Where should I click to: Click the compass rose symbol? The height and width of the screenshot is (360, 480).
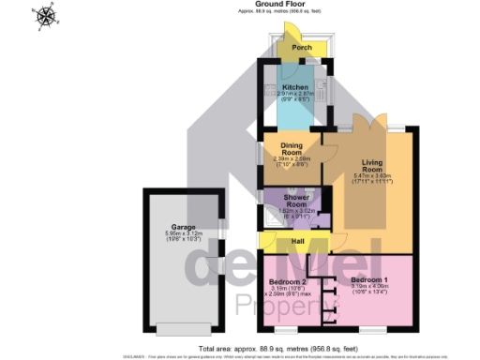45,16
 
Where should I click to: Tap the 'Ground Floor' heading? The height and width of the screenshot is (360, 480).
239,5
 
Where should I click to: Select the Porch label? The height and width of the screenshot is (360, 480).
301,47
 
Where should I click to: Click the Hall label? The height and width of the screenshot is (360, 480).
298,242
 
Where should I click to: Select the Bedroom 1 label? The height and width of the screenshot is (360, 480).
367,279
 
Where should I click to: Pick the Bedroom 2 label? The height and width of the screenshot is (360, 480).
288,281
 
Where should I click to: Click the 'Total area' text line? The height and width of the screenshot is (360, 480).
240,347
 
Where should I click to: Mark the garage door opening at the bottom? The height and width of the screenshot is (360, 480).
183,329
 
